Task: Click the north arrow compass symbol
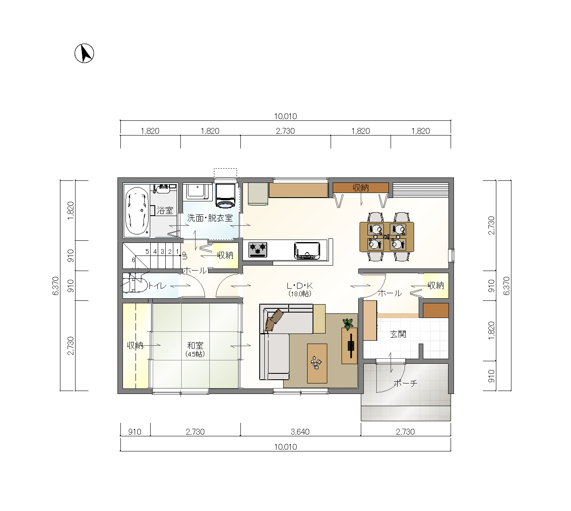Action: pyautogui.click(x=84, y=53)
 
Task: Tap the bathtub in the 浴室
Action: pyautogui.click(x=137, y=211)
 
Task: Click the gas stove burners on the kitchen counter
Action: pyautogui.click(x=258, y=250)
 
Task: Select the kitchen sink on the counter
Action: pyautogui.click(x=307, y=250)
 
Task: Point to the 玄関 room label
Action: pyautogui.click(x=398, y=334)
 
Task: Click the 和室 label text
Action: pyautogui.click(x=195, y=345)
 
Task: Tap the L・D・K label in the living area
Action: pyautogui.click(x=300, y=286)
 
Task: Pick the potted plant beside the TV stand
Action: pyautogui.click(x=348, y=324)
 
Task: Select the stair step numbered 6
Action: pyautogui.click(x=133, y=260)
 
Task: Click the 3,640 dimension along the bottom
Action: pyautogui.click(x=300, y=432)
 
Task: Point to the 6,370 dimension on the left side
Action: pyautogui.click(x=56, y=286)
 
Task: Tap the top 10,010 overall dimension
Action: pyautogui.click(x=285, y=116)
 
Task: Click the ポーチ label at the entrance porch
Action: pyautogui.click(x=405, y=383)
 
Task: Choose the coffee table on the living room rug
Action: pyautogui.click(x=317, y=363)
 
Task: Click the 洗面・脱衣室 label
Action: pyautogui.click(x=210, y=218)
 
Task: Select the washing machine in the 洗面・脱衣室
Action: pyautogui.click(x=225, y=196)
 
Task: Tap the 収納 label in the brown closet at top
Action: pyautogui.click(x=360, y=188)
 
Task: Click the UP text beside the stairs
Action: pyautogui.click(x=185, y=255)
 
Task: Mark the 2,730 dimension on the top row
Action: pyautogui.click(x=285, y=131)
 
